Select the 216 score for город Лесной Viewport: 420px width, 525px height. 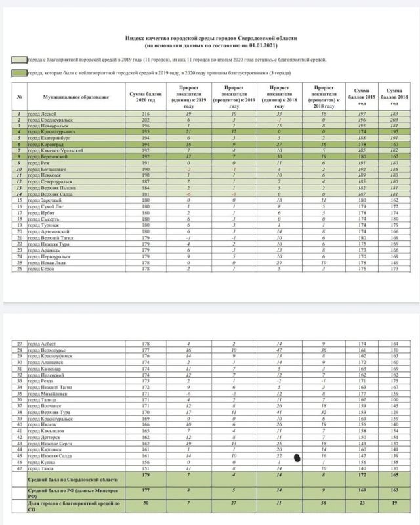146,114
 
